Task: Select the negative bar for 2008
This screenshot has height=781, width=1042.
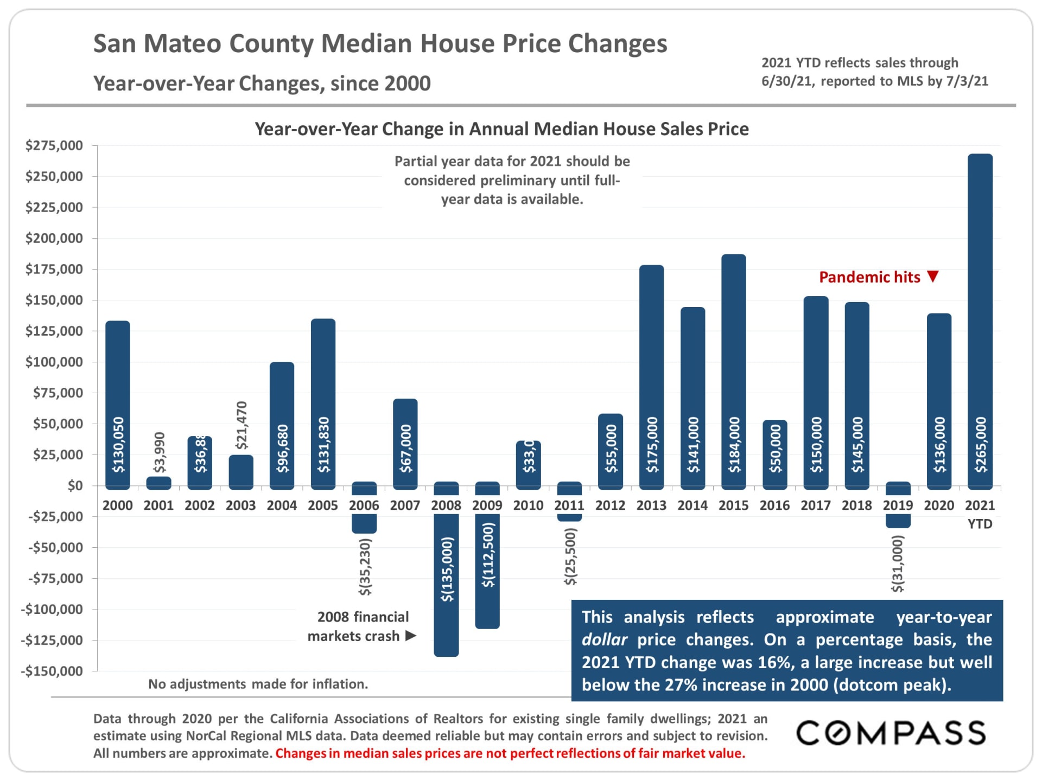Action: [x=446, y=586]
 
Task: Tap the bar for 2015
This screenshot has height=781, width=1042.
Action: [x=734, y=369]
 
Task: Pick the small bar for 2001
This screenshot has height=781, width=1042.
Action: [x=159, y=483]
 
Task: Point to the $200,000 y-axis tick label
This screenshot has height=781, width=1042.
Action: [x=54, y=238]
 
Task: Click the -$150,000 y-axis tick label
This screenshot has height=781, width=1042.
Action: [x=52, y=671]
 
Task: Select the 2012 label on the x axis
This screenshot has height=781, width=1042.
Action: [x=611, y=505]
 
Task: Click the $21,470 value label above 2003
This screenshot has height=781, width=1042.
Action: [x=242, y=425]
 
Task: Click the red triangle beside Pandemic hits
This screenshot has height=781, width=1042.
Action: [x=933, y=277]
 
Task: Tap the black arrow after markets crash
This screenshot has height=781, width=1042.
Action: [x=411, y=636]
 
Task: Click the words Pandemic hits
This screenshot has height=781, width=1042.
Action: [x=869, y=277]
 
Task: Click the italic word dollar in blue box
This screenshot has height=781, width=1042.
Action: [x=604, y=640]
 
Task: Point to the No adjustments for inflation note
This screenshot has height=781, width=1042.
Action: [x=258, y=684]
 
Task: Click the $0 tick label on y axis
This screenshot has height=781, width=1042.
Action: [x=75, y=485]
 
